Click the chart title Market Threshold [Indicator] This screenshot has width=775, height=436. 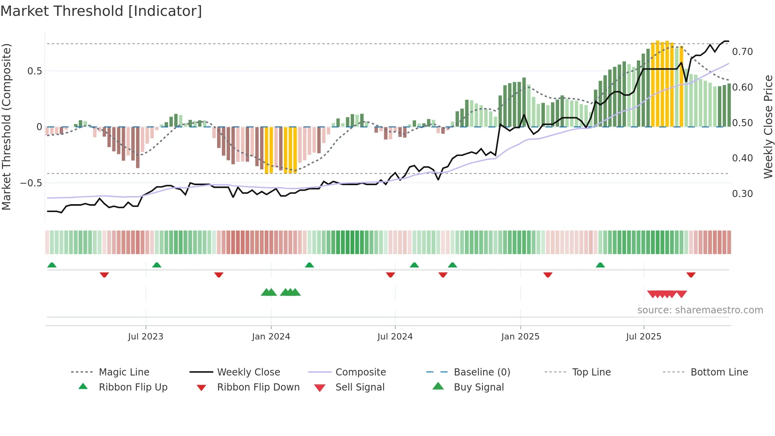[x=101, y=11]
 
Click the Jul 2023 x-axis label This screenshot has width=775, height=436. [x=146, y=337]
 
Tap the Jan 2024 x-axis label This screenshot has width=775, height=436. [x=271, y=337]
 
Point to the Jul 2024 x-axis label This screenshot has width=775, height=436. [x=395, y=337]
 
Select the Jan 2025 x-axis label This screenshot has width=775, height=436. [x=520, y=337]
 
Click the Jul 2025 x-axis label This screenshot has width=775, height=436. [x=643, y=337]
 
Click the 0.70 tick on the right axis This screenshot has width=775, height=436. [x=742, y=52]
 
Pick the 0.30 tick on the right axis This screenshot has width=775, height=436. [x=742, y=194]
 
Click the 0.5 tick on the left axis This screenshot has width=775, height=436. [x=34, y=71]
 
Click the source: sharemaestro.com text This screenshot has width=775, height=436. [x=700, y=310]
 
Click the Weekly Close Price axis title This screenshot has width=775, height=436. [x=768, y=127]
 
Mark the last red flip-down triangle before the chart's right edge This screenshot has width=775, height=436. [x=691, y=275]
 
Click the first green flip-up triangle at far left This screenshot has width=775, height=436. [x=52, y=265]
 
